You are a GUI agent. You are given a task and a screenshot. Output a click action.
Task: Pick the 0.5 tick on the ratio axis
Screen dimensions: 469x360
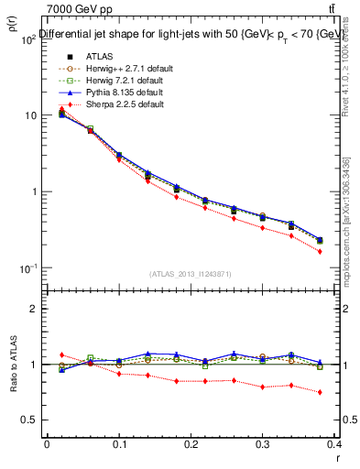29,420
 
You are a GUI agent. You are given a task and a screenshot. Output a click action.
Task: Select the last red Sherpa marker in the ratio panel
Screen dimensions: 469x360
345,392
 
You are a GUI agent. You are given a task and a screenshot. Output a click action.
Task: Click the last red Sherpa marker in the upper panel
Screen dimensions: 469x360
345,251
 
